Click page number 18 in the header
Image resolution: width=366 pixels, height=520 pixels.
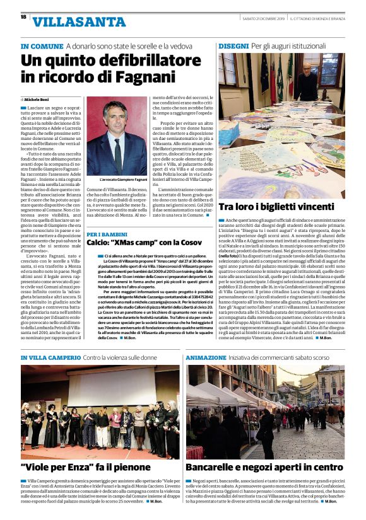[23, 17]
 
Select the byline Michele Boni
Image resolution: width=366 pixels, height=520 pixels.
[40, 100]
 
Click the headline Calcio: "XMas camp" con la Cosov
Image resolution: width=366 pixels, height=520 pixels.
[145, 243]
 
